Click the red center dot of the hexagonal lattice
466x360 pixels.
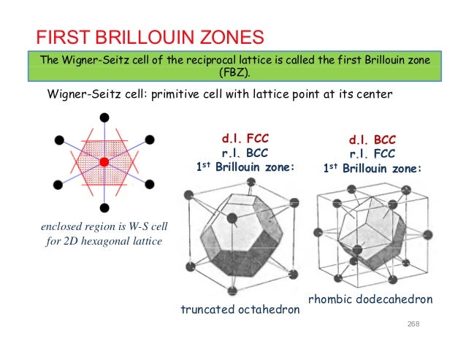[104, 161]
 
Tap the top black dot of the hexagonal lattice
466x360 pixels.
[104, 117]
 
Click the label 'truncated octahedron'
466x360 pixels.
[240, 310]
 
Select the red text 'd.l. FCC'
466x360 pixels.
[245, 138]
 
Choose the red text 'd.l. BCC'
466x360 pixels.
[373, 140]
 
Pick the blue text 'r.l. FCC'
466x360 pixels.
[373, 154]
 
